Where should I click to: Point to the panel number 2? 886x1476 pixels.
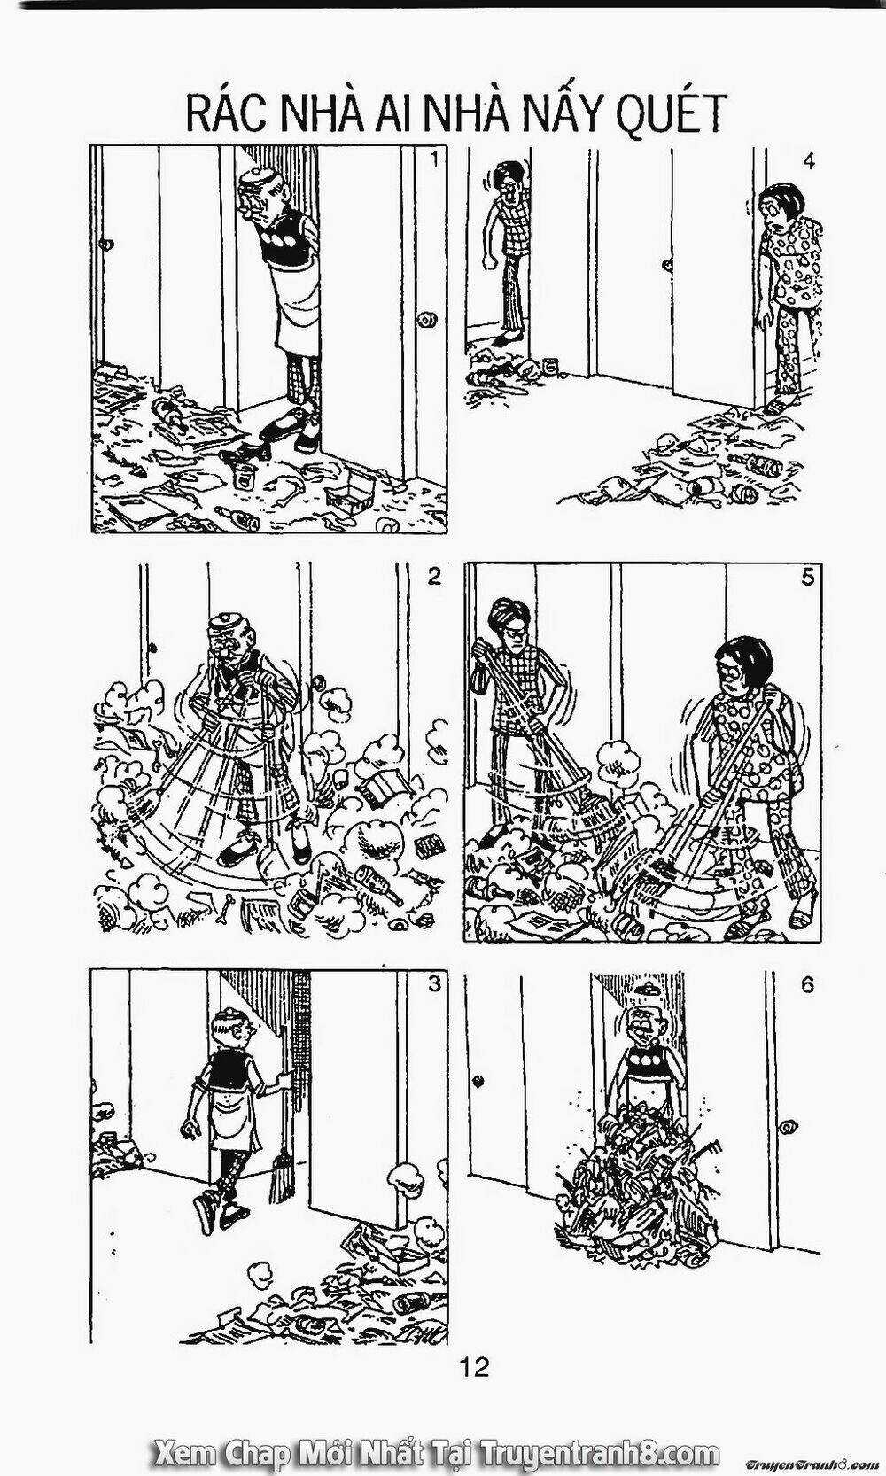(x=434, y=576)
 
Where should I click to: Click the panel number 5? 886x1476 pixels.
(x=807, y=577)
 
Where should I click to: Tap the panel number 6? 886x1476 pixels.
(x=807, y=985)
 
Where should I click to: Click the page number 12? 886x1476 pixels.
(x=475, y=1367)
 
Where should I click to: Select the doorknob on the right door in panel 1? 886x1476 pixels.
(x=430, y=318)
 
